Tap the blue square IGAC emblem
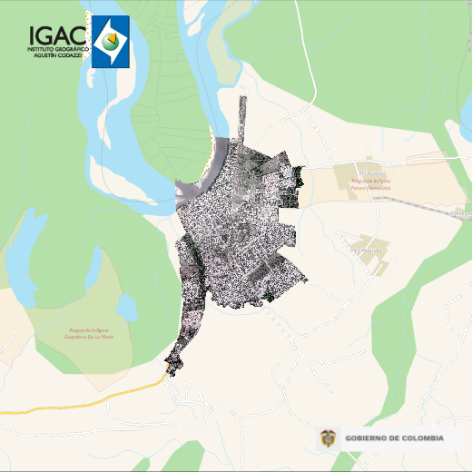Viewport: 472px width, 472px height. (110, 41)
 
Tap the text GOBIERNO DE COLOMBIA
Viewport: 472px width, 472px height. (395, 438)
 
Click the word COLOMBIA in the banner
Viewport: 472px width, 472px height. (420, 438)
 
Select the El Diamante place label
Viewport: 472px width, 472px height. (371, 172)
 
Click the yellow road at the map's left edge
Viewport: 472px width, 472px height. (54, 406)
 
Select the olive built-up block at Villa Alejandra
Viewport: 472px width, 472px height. (372, 258)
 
